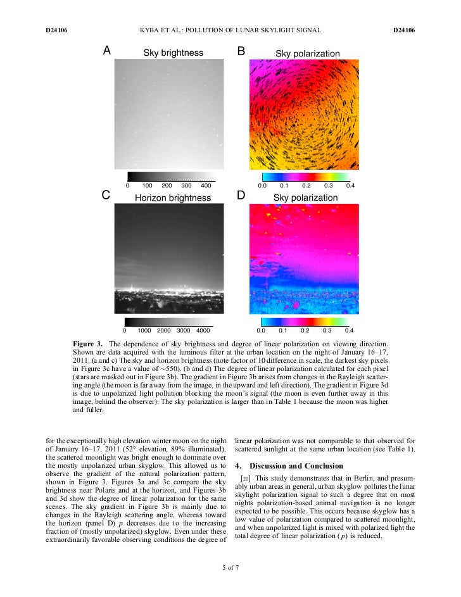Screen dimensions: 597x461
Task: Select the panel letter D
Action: click(x=241, y=196)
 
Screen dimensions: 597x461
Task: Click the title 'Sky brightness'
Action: click(x=173, y=53)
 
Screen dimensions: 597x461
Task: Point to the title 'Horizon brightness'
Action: click(x=173, y=198)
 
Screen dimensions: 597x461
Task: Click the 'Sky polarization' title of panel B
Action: click(x=307, y=54)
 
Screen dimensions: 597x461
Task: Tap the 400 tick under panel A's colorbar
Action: click(x=206, y=186)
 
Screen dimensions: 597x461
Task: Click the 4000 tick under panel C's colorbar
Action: click(x=203, y=330)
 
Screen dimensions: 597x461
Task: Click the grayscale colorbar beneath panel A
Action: click(x=171, y=177)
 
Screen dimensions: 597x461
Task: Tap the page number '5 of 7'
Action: click(x=230, y=567)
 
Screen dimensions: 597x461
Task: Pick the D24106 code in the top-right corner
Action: click(x=403, y=30)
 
